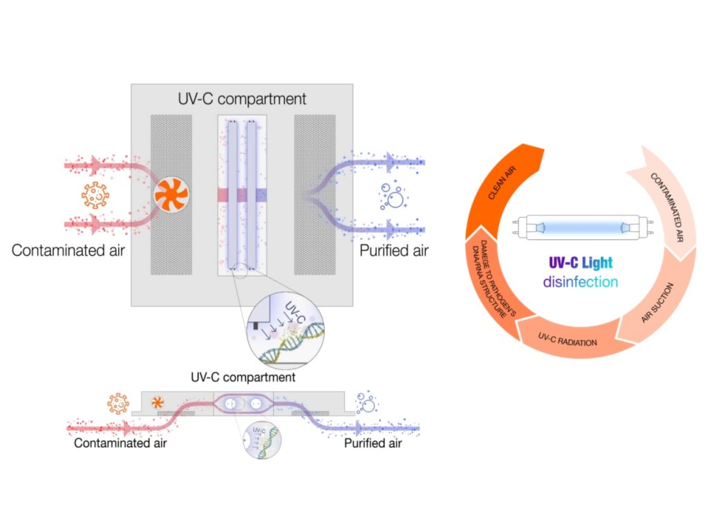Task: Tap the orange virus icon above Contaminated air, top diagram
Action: pyautogui.click(x=96, y=196)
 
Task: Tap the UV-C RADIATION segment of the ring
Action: pyautogui.click(x=567, y=339)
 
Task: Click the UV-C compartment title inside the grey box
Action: pyautogui.click(x=242, y=99)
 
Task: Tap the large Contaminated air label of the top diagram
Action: pyautogui.click(x=68, y=250)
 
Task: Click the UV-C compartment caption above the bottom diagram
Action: pyautogui.click(x=243, y=378)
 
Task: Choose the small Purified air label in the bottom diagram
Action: pyautogui.click(x=373, y=443)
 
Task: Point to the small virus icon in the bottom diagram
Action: pyautogui.click(x=118, y=402)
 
